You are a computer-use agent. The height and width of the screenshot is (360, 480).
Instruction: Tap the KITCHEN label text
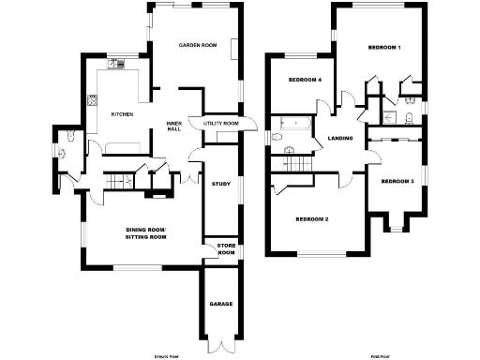[x=123, y=114]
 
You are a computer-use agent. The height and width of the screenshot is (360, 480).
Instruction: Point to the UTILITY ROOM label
[x=215, y=123]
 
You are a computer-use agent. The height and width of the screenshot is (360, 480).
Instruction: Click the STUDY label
[x=221, y=184]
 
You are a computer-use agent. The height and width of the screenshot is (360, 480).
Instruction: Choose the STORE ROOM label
[x=226, y=249]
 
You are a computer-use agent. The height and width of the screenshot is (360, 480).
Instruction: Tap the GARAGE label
[x=220, y=305]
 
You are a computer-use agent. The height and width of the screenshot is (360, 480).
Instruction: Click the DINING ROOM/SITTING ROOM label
[x=145, y=234]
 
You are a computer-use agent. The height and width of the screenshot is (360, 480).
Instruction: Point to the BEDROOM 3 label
[x=397, y=181]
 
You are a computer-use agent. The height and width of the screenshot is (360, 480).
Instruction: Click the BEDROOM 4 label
[x=305, y=80]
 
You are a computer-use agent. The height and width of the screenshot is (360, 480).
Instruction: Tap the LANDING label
[x=339, y=140]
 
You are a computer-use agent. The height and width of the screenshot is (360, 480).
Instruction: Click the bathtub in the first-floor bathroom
[x=291, y=123]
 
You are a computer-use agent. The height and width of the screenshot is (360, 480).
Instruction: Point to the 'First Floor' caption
[x=379, y=357]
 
